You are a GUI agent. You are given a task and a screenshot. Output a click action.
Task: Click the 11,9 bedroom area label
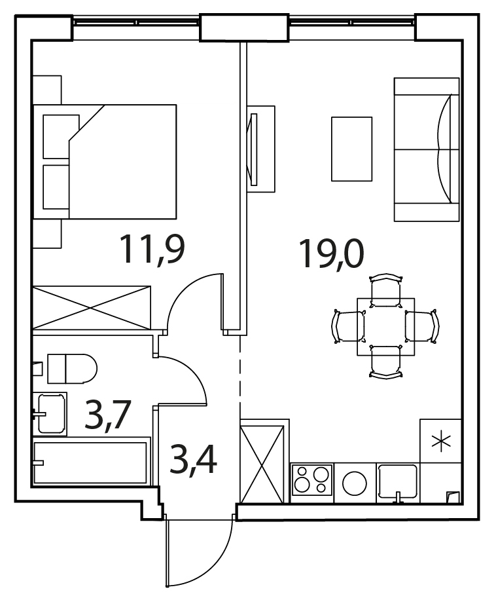(x=152, y=250)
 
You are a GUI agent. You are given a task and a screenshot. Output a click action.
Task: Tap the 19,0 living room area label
(x=331, y=253)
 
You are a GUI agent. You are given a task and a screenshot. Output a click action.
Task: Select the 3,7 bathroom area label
(x=108, y=415)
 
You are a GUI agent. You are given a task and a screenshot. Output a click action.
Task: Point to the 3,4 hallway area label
(x=193, y=460)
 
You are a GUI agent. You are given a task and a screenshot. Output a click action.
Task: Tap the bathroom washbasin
(x=52, y=414)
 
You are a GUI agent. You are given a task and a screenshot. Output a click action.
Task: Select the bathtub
(x=90, y=462)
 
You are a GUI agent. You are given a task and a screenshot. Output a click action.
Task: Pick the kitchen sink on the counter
(x=398, y=481)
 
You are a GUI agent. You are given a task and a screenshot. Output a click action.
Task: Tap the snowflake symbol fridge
(x=440, y=441)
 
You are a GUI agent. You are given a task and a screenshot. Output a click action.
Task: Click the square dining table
(x=386, y=327)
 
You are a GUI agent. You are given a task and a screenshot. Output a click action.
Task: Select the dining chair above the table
(x=386, y=290)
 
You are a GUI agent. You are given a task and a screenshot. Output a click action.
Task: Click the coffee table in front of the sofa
(x=351, y=149)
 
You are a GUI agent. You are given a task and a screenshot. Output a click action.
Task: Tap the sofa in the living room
(x=427, y=149)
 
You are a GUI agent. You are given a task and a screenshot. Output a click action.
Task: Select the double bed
(x=105, y=162)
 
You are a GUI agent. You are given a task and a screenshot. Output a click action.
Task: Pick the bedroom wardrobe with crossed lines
(x=92, y=307)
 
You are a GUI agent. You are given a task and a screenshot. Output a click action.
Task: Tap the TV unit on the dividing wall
(x=261, y=149)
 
